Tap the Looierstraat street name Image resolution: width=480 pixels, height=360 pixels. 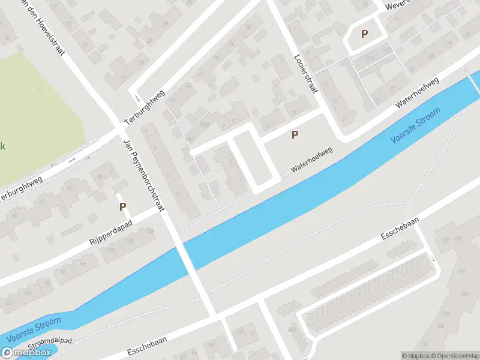305,73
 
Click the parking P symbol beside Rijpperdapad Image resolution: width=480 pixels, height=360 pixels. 122,206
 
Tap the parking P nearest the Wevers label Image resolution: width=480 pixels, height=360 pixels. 364,34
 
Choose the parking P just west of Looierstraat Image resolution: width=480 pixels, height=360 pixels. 295,135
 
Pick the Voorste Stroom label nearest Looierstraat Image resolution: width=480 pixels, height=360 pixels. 415,125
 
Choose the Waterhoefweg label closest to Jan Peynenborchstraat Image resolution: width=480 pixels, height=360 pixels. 311,161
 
